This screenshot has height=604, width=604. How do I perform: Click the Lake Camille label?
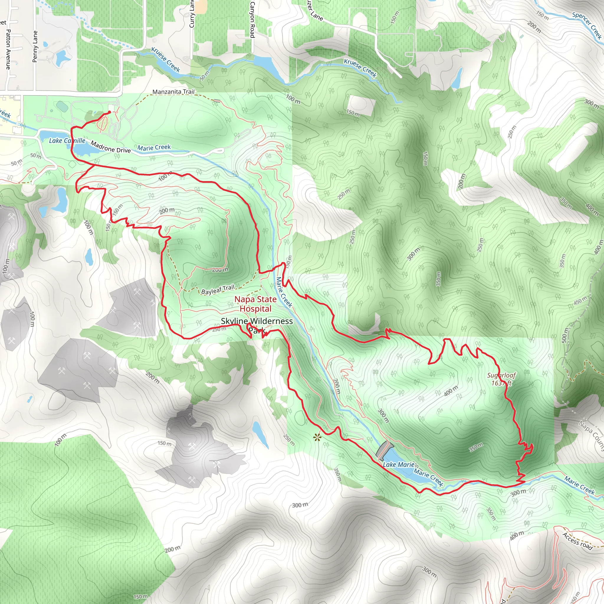pos(67,141)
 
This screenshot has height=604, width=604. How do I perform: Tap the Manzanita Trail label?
pos(173,92)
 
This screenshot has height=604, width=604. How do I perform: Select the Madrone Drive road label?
pos(111,147)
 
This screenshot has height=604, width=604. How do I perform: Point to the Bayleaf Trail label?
pos(218,290)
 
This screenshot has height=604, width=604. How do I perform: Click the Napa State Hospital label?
pos(255,304)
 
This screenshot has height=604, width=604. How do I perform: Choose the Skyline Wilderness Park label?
pos(257,325)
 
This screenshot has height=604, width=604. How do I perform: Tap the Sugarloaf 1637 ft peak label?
pos(501,379)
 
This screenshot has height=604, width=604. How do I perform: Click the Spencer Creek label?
pos(587,25)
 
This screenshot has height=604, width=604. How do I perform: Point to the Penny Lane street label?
pos(35,46)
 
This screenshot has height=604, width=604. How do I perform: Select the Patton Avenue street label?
pos(9,49)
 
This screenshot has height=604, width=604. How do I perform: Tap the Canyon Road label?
pos(252,19)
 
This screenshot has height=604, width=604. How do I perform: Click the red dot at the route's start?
pos(109,112)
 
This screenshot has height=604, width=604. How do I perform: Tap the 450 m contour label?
pos(580,301)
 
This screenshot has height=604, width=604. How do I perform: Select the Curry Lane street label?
pos(192,14)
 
